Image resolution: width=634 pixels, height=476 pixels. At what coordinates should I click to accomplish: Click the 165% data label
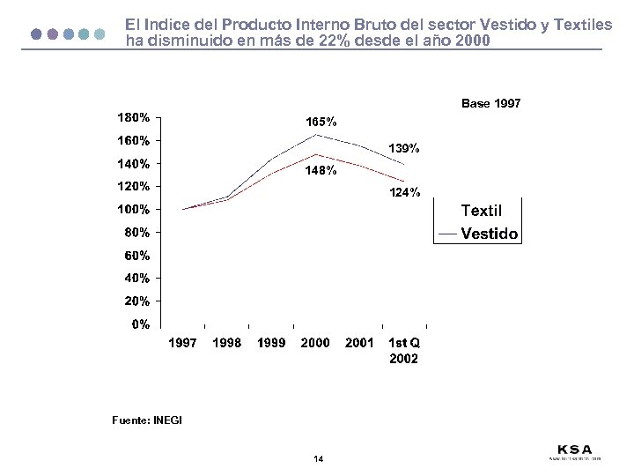pos(321,122)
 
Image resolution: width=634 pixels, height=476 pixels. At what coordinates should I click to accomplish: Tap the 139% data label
pos(404,148)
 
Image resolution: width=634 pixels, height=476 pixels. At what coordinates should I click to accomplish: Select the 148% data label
pos(321,172)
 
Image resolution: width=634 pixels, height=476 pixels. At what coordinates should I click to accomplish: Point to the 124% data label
pos(404,193)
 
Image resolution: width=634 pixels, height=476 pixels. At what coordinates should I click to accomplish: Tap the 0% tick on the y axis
pos(140,324)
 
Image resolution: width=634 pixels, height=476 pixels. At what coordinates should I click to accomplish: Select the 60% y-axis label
pos(137,256)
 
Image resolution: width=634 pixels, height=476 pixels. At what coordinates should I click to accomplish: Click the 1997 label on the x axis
pos(183,343)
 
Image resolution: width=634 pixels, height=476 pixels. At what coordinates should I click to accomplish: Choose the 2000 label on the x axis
pos(315,343)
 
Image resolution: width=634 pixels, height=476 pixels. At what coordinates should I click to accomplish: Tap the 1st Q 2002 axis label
pos(404,351)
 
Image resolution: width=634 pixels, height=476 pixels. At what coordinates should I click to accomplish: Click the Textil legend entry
pos(482,211)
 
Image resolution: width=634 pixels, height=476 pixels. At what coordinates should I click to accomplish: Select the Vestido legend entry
pos(490,234)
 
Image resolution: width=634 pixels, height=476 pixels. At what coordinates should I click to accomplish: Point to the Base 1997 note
pos(490,104)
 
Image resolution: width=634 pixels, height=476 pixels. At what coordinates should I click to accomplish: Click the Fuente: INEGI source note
pos(147,420)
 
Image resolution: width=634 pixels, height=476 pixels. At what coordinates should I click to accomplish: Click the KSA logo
pos(575,450)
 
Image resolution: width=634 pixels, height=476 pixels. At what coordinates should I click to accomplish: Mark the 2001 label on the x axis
pos(359,343)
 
